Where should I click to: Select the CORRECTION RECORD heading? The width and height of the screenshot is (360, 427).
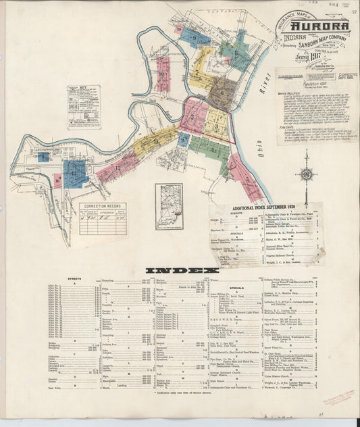103,207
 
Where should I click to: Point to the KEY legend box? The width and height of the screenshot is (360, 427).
83,107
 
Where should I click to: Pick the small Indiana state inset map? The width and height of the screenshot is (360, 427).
168,207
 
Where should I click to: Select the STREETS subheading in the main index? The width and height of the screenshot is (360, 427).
74,278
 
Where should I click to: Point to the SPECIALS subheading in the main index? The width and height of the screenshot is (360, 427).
237,288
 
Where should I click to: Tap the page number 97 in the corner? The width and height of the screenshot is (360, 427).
355,11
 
